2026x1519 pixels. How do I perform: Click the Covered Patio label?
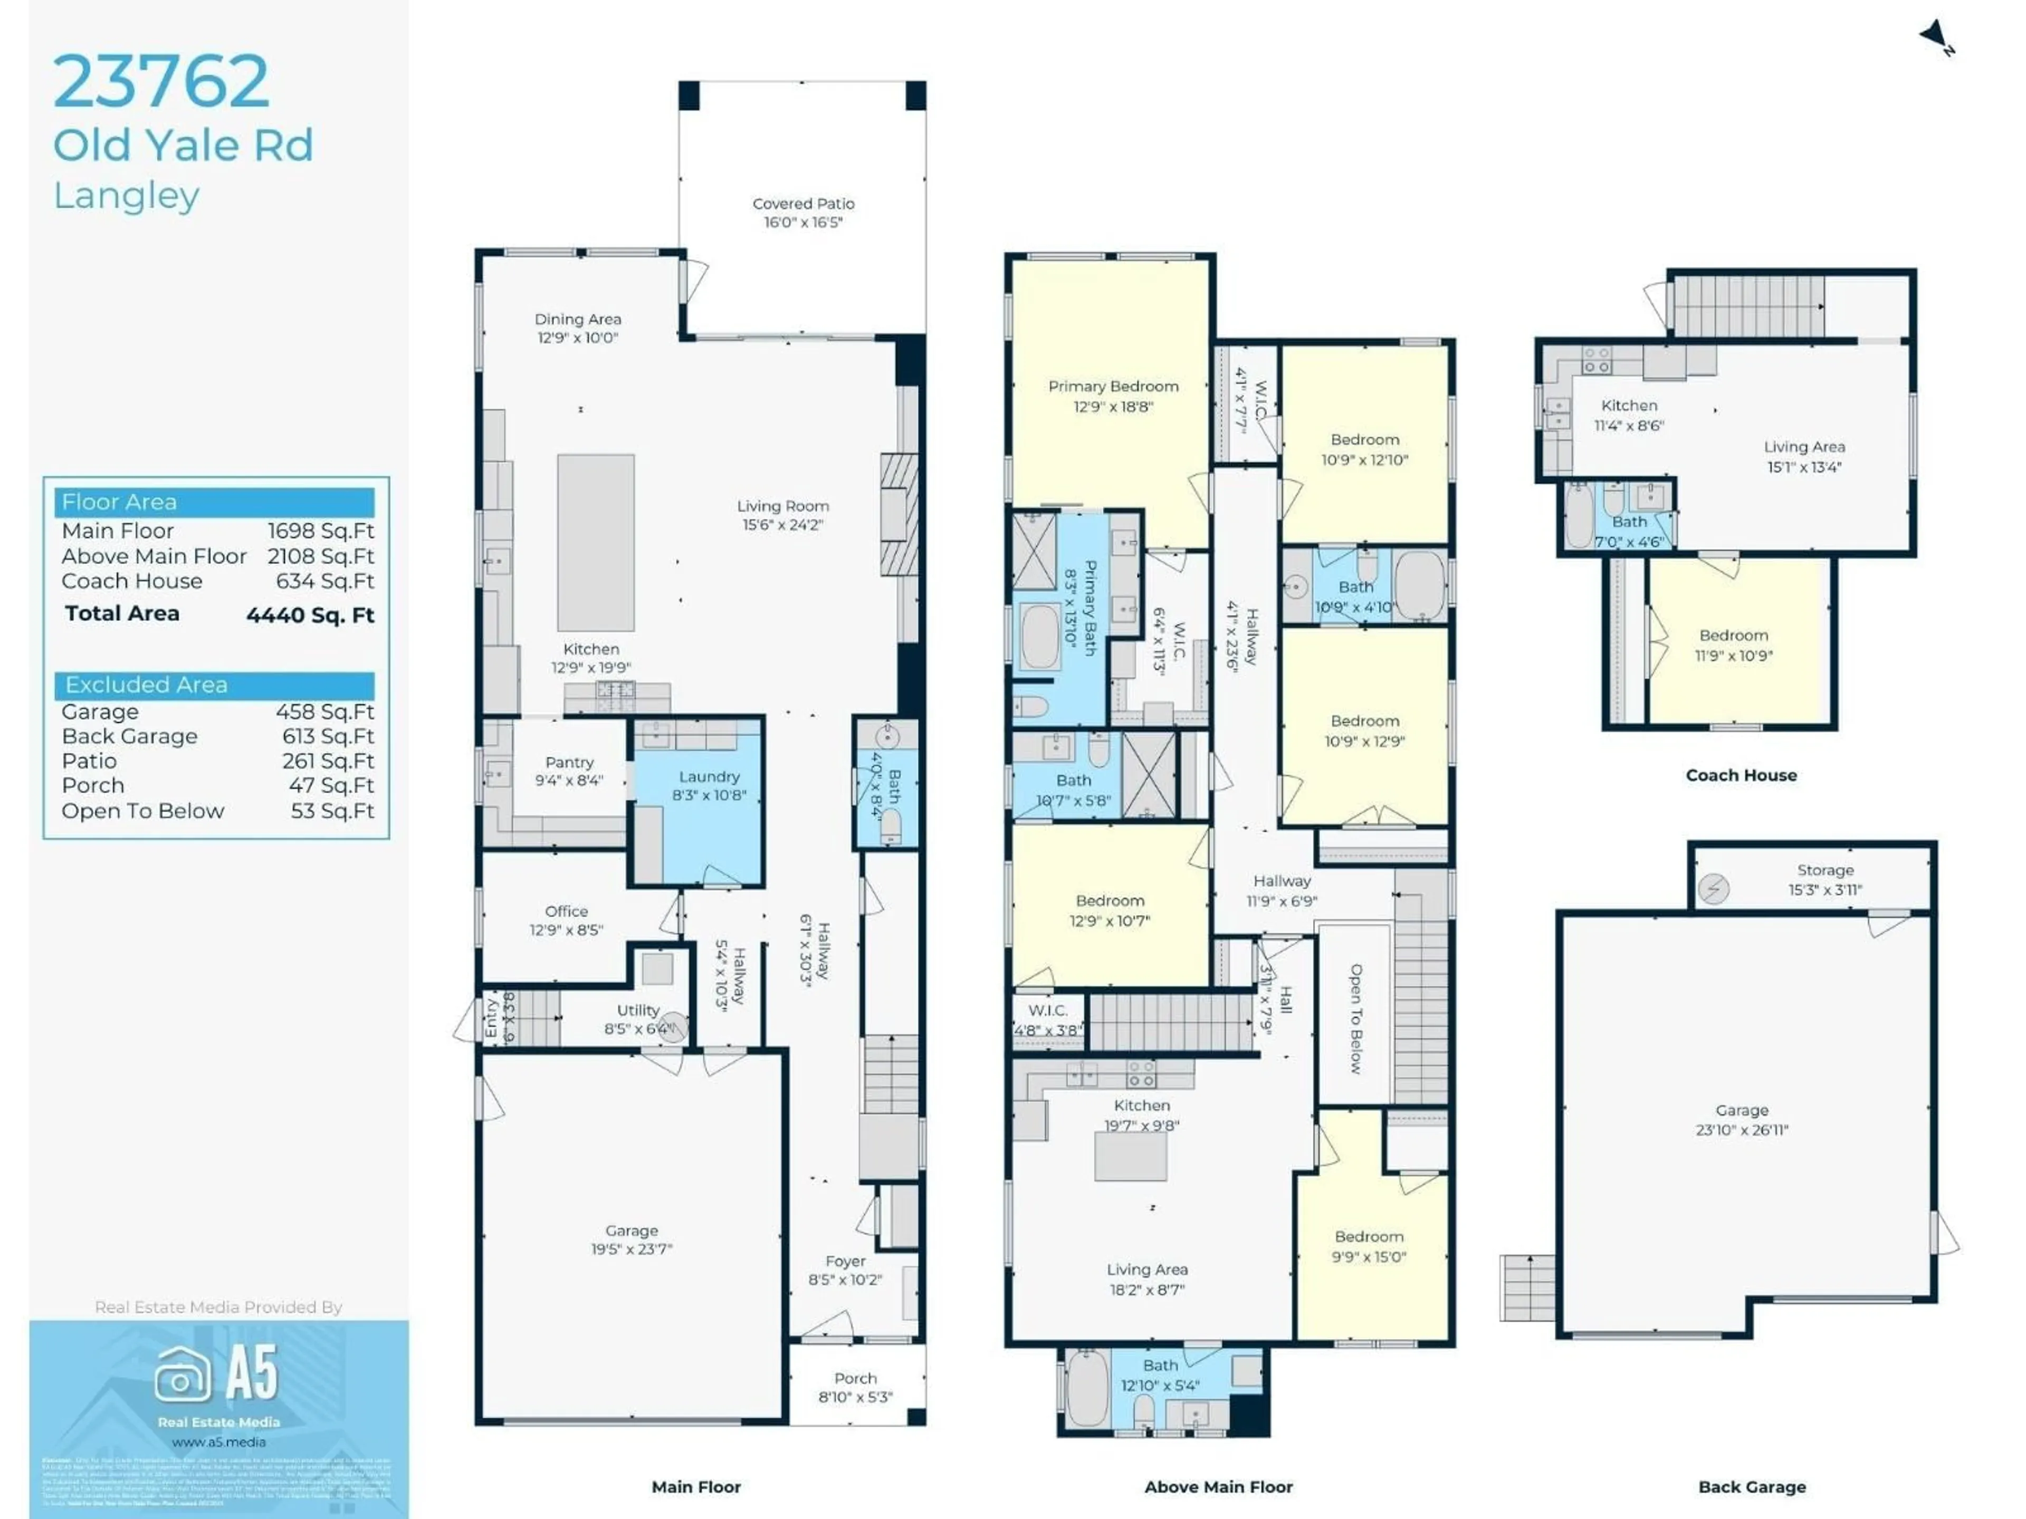tap(803, 203)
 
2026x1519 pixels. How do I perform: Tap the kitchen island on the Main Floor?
tap(595, 542)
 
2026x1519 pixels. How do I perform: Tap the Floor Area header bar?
tap(214, 502)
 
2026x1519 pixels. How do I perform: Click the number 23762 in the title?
tap(161, 82)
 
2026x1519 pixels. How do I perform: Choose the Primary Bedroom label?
tap(1113, 387)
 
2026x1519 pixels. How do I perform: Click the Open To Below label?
tap(1355, 1018)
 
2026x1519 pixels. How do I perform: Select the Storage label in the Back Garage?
tap(1824, 870)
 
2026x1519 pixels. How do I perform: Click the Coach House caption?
tap(1740, 775)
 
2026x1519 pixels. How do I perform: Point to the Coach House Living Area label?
tap(1803, 447)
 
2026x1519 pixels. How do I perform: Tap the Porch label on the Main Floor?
tap(855, 1378)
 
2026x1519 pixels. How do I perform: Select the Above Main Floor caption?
tap(1218, 1487)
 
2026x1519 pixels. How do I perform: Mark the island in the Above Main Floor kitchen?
tap(1130, 1156)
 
